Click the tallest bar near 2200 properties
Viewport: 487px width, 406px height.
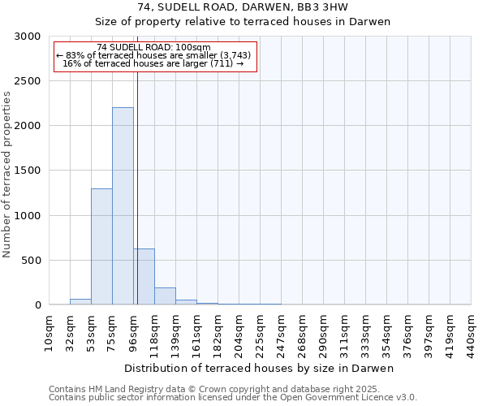(123, 206)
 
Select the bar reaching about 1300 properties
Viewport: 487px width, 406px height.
(101, 247)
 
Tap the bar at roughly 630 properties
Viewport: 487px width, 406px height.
(144, 277)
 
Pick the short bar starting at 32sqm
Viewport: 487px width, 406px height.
(80, 301)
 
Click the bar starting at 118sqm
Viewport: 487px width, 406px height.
(165, 296)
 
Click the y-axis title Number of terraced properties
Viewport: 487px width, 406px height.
(7, 174)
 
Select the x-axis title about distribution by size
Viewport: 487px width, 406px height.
(260, 369)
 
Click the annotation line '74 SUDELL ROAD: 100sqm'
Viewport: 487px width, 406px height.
(153, 47)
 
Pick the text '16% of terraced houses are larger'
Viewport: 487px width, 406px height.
(153, 63)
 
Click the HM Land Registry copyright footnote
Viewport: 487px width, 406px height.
(231, 389)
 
